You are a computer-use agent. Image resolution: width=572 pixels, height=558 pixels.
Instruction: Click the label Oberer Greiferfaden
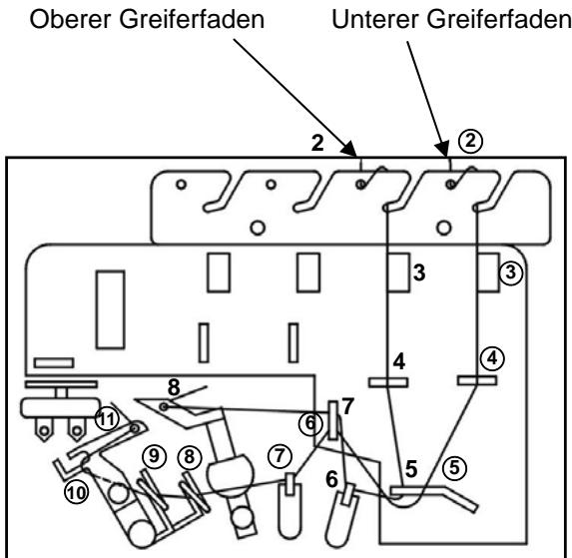click(x=144, y=19)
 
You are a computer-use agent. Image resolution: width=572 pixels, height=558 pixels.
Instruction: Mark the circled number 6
click(x=310, y=423)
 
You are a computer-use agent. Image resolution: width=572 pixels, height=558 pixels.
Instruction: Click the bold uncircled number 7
click(x=347, y=406)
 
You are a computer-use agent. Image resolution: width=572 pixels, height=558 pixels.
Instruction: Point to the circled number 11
click(x=105, y=420)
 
